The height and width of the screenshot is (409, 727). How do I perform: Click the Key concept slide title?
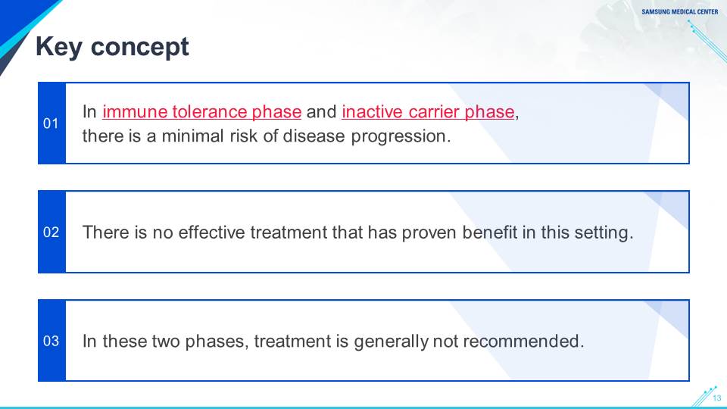click(x=112, y=47)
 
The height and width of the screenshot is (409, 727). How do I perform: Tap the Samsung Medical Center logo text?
click(x=680, y=12)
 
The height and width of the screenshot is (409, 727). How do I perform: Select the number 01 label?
click(x=51, y=123)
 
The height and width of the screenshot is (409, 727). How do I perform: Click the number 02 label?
click(x=51, y=232)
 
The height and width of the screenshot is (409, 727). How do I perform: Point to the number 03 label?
click(x=51, y=341)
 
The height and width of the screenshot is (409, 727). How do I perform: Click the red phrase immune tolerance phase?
click(x=201, y=112)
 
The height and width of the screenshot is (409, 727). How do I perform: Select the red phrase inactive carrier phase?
click(x=428, y=112)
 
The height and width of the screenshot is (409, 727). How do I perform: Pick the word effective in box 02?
click(x=211, y=232)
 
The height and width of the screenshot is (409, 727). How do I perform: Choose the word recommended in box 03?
click(x=521, y=341)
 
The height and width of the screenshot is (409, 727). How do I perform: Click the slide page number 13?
click(x=717, y=398)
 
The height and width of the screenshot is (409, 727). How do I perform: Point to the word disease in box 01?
click(x=314, y=136)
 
